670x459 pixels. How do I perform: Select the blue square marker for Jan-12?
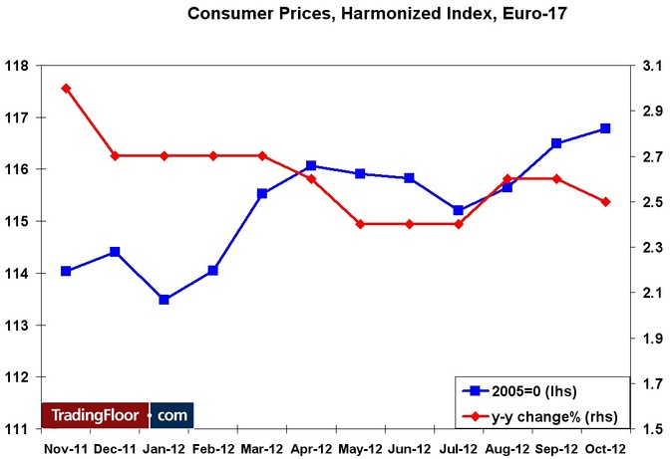(x=164, y=300)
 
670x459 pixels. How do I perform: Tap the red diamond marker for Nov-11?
(x=66, y=89)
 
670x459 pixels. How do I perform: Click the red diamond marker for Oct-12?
(x=605, y=202)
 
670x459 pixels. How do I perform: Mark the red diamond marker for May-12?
(x=360, y=224)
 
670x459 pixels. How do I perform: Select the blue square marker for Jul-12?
(x=458, y=210)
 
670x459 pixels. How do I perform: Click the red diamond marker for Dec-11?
(x=115, y=156)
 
